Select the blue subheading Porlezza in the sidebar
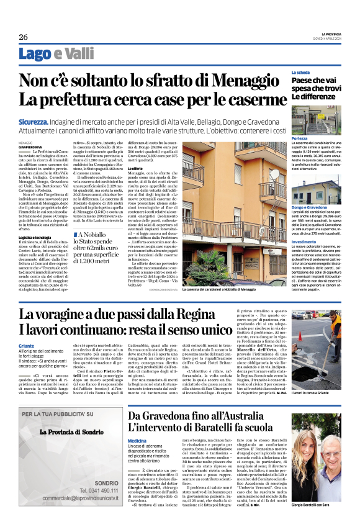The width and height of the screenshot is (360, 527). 301,138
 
